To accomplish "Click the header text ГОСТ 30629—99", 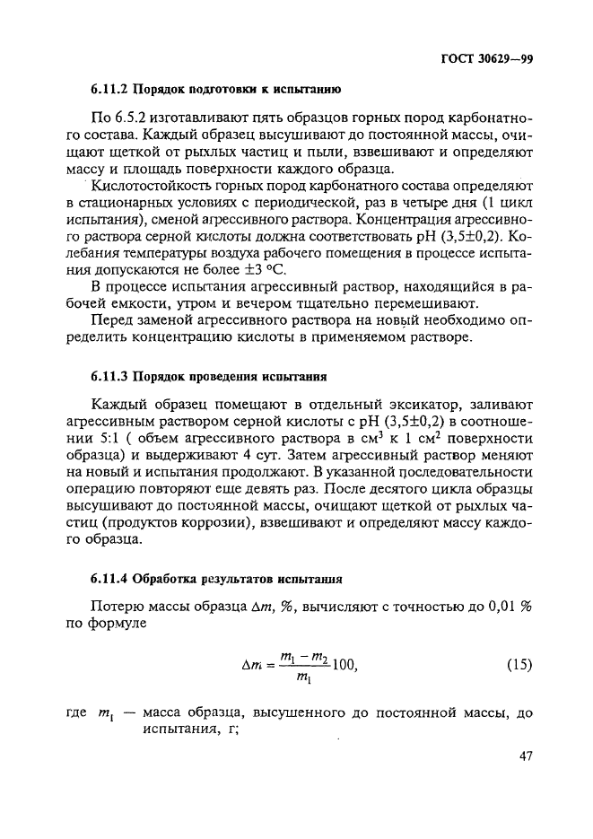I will click(488, 60).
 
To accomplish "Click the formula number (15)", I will click(515, 665).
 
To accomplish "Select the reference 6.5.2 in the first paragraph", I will click(132, 118).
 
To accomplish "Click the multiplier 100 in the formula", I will click(344, 665).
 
